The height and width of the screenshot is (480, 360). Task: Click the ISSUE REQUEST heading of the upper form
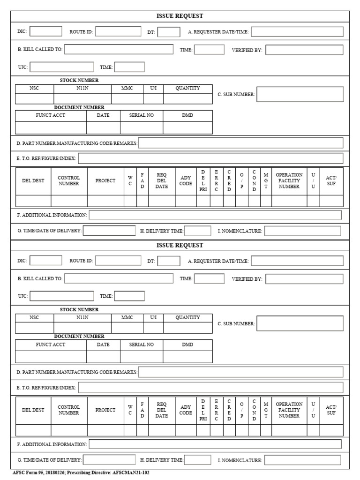180,16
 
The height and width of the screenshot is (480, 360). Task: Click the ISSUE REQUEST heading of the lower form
180,245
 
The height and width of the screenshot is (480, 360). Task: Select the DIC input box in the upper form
46,31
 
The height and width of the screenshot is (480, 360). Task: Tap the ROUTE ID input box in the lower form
118,261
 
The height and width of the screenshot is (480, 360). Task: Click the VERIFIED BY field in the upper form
304,50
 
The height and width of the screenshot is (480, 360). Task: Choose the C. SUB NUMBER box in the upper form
300,94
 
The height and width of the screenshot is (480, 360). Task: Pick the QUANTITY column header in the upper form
187,88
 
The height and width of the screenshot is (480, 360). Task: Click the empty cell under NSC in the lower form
35,328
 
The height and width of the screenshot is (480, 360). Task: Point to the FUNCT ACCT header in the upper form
51,115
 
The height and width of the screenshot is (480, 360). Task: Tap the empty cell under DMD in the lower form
187,357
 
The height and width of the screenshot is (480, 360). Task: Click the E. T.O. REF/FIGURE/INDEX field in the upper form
210,158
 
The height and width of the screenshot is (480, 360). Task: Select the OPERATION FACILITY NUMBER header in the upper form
289,181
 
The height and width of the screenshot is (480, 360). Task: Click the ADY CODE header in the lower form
186,410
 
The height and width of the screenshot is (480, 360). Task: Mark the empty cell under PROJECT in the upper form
105,201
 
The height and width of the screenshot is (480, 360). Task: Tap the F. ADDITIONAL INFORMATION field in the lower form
215,444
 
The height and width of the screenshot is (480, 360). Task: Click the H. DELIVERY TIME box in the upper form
197,231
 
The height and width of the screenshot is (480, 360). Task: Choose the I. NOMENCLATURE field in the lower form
302,460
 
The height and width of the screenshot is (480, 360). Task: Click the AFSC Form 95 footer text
81,473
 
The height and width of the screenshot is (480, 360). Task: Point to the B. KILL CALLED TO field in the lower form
119,278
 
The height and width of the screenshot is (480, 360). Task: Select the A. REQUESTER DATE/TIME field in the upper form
297,32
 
